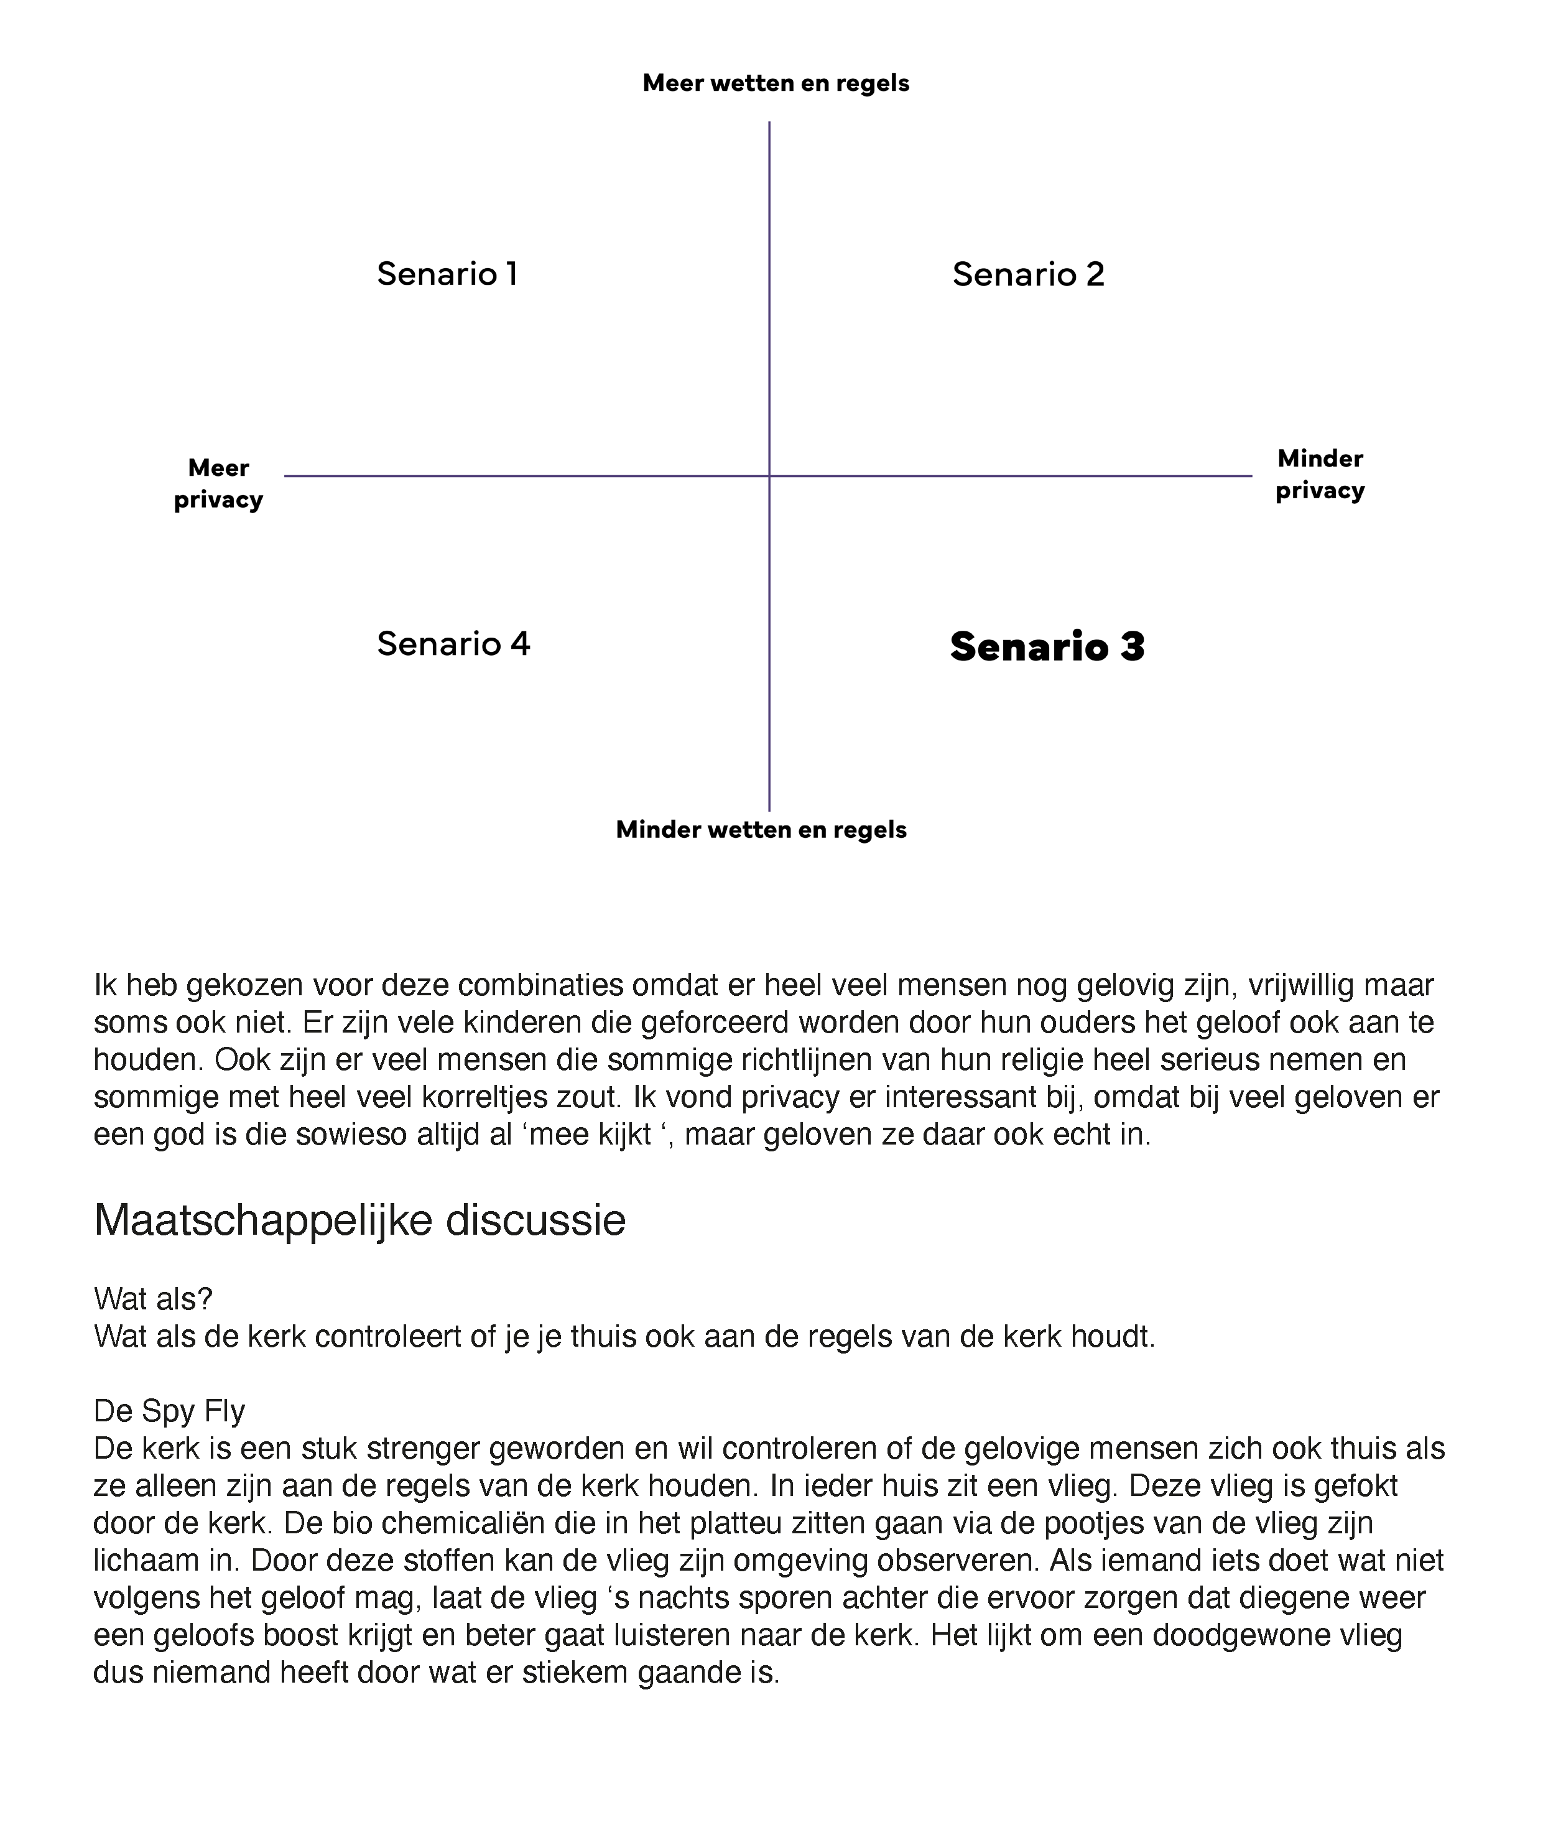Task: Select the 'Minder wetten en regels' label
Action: (x=761, y=829)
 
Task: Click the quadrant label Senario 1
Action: (x=447, y=274)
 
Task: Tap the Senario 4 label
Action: (x=453, y=644)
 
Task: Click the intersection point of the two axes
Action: (x=769, y=476)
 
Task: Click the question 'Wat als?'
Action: (x=153, y=1299)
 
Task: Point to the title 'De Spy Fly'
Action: (x=169, y=1411)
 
